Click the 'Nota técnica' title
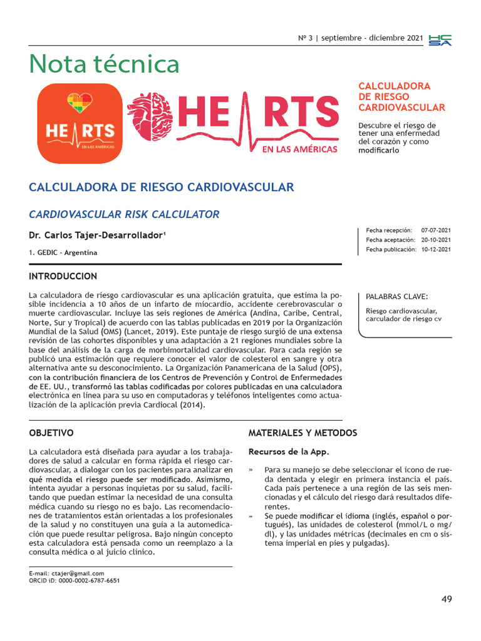[105, 64]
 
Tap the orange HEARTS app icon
[80, 123]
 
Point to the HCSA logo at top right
[440, 40]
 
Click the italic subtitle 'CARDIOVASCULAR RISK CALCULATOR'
[124, 215]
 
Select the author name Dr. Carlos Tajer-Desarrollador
[98, 235]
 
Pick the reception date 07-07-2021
[436, 230]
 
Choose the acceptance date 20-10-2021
[436, 240]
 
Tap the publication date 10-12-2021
[436, 249]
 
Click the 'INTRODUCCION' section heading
[63, 276]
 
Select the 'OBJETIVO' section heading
[51, 433]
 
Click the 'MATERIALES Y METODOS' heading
[303, 433]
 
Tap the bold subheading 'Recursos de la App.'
[289, 451]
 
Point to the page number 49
[446, 599]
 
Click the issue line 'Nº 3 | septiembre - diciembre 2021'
[359, 38]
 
